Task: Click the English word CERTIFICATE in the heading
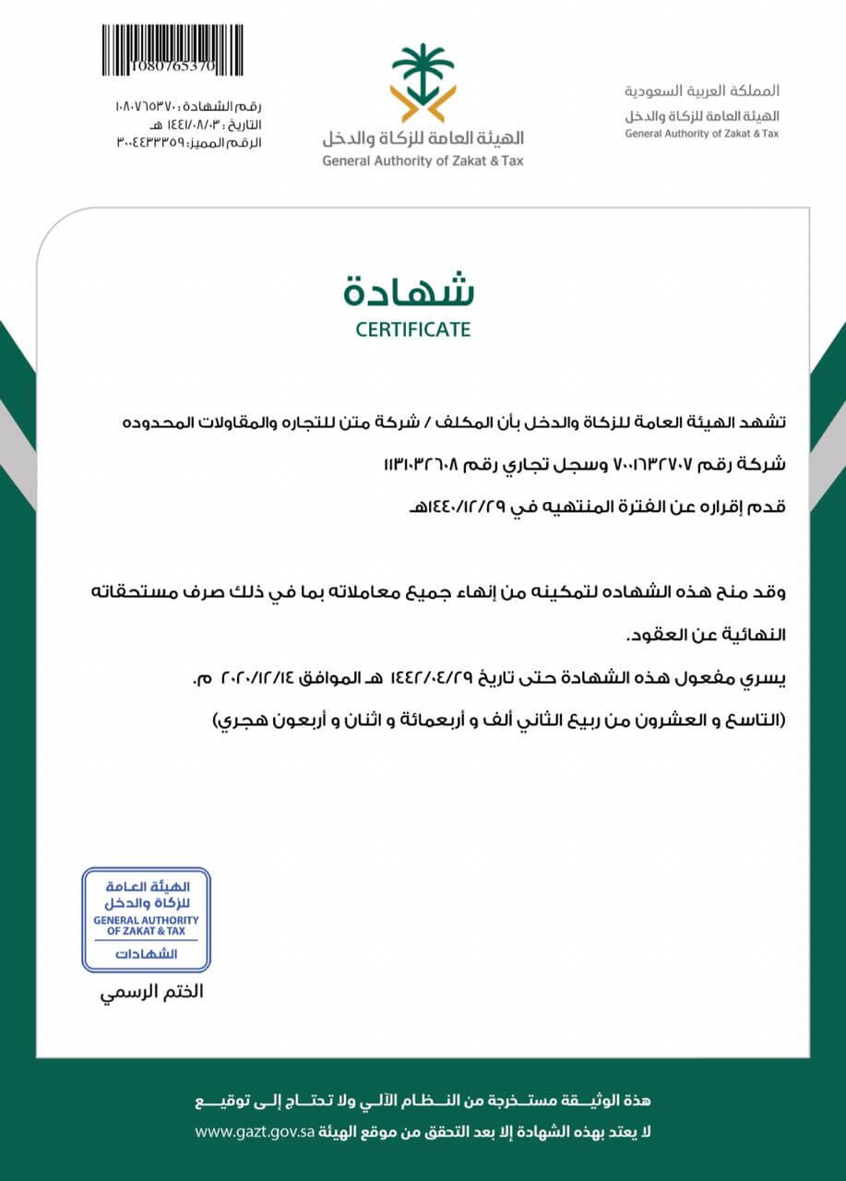pyautogui.click(x=412, y=329)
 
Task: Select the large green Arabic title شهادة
pyautogui.click(x=410, y=290)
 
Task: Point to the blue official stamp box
pyautogui.click(x=146, y=919)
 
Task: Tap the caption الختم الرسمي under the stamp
pyautogui.click(x=150, y=993)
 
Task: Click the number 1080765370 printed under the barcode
pyautogui.click(x=172, y=67)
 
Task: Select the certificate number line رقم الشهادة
pyautogui.click(x=188, y=107)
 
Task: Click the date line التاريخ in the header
pyautogui.click(x=203, y=125)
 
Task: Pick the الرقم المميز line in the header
pyautogui.click(x=188, y=143)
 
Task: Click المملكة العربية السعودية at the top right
pyautogui.click(x=701, y=91)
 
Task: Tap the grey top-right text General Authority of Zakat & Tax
pyautogui.click(x=701, y=134)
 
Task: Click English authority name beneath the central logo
pyautogui.click(x=422, y=161)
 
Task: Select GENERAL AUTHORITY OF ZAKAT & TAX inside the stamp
pyautogui.click(x=146, y=925)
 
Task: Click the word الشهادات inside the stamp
pyautogui.click(x=146, y=954)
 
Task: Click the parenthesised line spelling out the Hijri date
pyautogui.click(x=499, y=718)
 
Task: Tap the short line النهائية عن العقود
pyautogui.click(x=706, y=636)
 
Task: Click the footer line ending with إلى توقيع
pyautogui.click(x=423, y=1101)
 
